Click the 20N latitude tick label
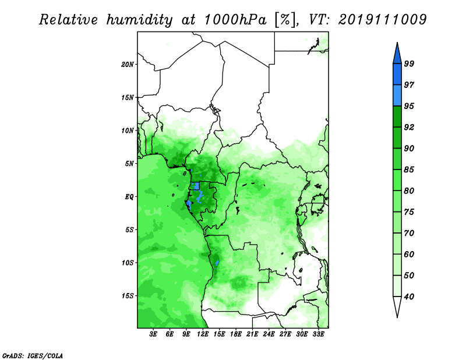pos(128,65)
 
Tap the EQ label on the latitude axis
pos(129,197)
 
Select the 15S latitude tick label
pos(128,296)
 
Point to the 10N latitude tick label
pos(128,130)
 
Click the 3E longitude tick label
pos(153,334)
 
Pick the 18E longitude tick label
pos(236,334)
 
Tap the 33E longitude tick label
pos(318,334)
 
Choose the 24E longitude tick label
pos(269,334)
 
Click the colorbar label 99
pos(409,63)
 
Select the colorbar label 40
pos(409,297)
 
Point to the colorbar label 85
pos(409,170)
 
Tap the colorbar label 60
pos(409,254)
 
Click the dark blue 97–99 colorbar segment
pos(397,75)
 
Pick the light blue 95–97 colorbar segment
pos(397,96)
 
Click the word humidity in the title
pos(139,20)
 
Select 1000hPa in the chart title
pos(235,20)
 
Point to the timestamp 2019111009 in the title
pos(383,20)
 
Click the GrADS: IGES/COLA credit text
pos(33,355)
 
